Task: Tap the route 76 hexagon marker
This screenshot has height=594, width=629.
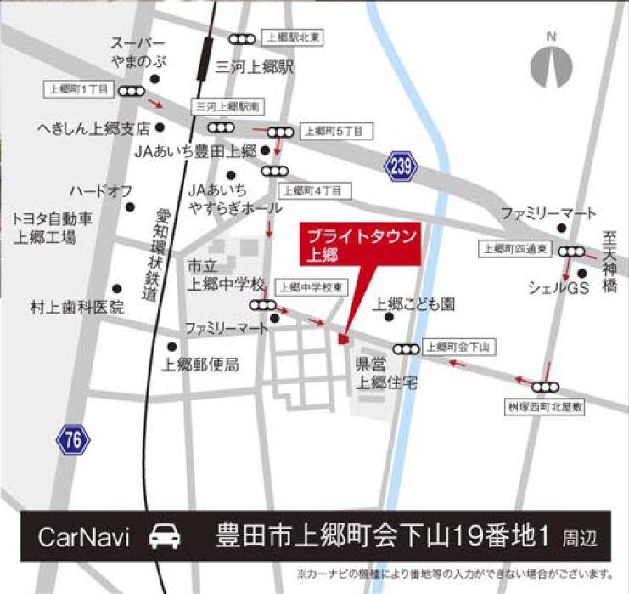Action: [x=74, y=439]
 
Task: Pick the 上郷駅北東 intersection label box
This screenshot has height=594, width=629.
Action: [x=294, y=37]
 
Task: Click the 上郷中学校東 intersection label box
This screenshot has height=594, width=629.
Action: [x=312, y=287]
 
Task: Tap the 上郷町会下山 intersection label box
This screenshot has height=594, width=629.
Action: [x=460, y=346]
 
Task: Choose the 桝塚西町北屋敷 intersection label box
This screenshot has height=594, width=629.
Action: [x=545, y=407]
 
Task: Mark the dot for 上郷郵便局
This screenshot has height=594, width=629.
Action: [x=172, y=346]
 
